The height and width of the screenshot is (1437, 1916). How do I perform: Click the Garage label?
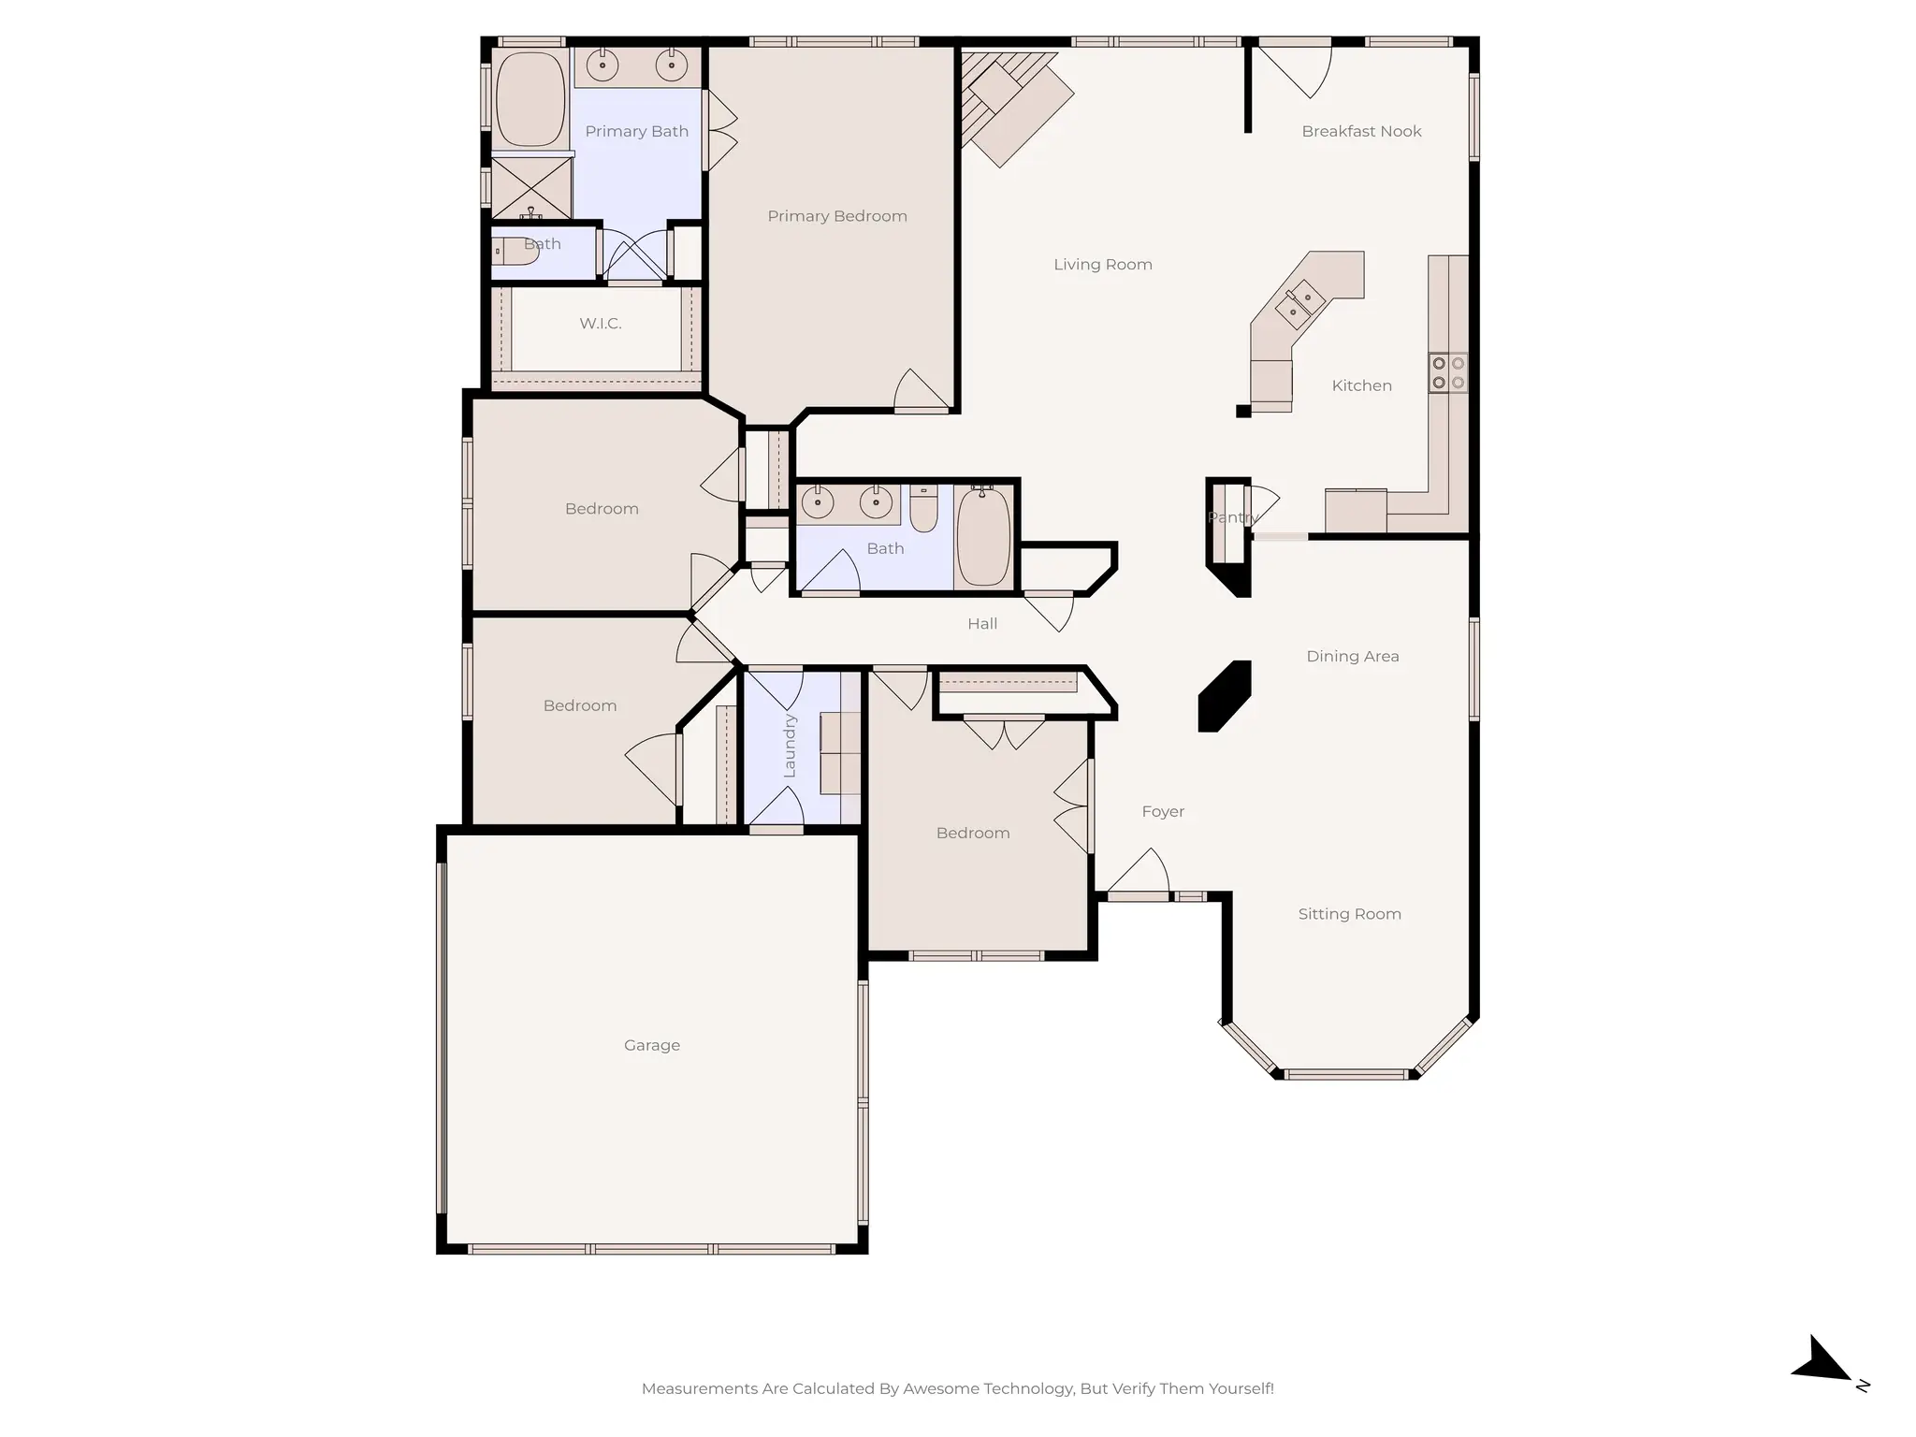(x=651, y=1045)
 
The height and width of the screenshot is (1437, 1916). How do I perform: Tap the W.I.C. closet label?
(x=600, y=324)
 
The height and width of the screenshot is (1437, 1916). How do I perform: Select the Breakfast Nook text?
(x=1360, y=132)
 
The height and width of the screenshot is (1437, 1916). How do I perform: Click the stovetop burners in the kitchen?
(x=1447, y=372)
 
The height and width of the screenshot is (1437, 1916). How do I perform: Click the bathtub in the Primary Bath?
(x=530, y=99)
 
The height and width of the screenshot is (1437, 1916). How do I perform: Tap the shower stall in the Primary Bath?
(x=530, y=187)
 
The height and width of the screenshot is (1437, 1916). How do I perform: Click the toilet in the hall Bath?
(x=923, y=510)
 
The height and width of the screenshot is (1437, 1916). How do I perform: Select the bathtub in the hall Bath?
(x=983, y=537)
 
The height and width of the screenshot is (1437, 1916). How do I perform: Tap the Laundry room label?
(x=789, y=746)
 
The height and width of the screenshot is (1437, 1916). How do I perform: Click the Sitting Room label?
(x=1349, y=914)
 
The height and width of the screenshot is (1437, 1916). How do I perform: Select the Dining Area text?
(x=1352, y=657)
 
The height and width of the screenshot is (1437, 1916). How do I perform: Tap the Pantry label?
(x=1231, y=517)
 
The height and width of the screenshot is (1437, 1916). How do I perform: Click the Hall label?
(x=981, y=624)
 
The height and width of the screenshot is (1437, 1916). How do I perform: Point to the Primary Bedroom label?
(x=836, y=216)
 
